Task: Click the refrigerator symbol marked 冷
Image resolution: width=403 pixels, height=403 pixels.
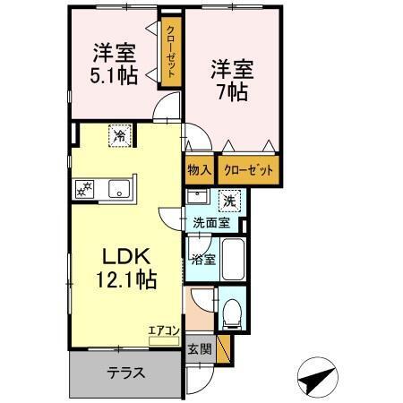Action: point(118,137)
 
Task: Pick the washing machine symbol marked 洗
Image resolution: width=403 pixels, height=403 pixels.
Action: point(229,200)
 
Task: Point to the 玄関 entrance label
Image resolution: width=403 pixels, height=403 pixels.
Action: point(200,349)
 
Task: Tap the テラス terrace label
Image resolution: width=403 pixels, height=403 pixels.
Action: point(128,373)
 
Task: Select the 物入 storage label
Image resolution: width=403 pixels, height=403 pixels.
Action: point(200,169)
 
